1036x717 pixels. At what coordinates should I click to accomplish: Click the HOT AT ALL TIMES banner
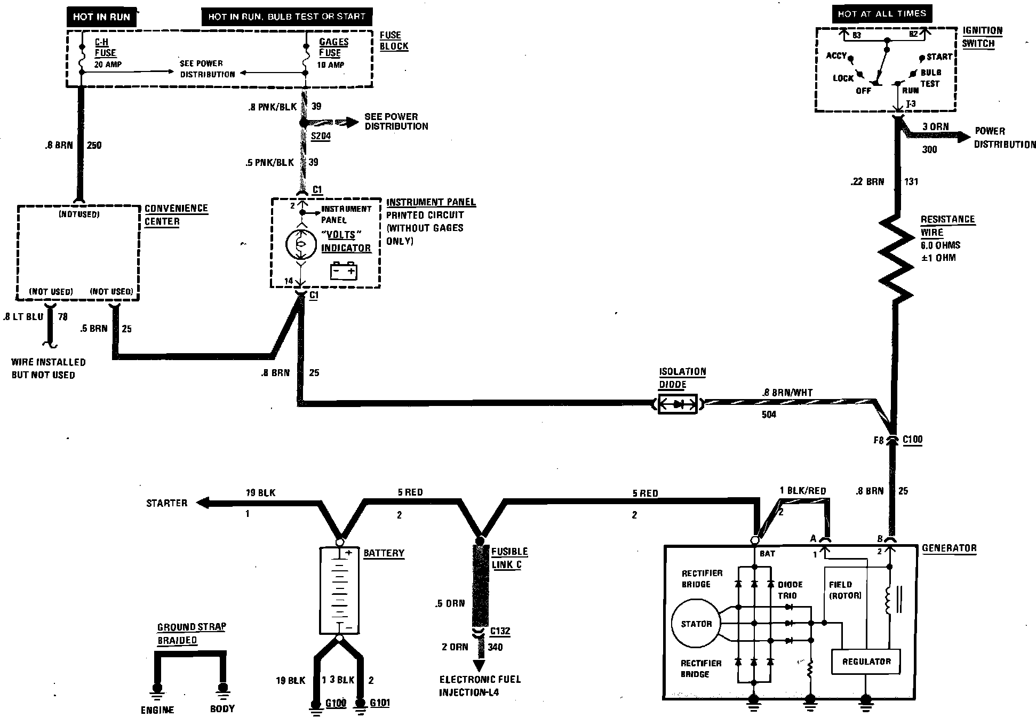click(882, 14)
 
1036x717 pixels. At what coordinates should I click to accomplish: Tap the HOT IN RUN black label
click(101, 17)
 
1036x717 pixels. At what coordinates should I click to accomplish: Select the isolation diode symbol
click(678, 404)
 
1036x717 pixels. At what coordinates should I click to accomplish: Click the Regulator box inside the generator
click(866, 662)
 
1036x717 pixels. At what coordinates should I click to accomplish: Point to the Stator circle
click(696, 624)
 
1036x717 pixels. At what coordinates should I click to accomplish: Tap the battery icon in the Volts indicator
click(343, 270)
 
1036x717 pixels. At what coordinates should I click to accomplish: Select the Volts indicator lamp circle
click(301, 244)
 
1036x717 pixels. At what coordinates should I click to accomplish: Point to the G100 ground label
click(336, 703)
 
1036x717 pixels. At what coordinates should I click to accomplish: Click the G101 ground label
click(379, 703)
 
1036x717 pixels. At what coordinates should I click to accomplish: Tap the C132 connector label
click(500, 631)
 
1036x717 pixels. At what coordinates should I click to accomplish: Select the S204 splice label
click(321, 136)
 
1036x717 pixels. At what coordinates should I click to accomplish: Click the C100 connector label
click(912, 440)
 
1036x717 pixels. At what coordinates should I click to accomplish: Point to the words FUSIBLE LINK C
click(508, 558)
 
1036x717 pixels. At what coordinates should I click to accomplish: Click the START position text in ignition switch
click(939, 57)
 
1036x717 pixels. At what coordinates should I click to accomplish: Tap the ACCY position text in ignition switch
click(836, 55)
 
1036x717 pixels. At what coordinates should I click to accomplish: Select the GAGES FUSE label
click(333, 47)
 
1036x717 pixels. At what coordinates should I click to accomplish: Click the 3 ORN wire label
click(936, 127)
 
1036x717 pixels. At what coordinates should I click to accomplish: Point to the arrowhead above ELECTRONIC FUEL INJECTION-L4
click(479, 665)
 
